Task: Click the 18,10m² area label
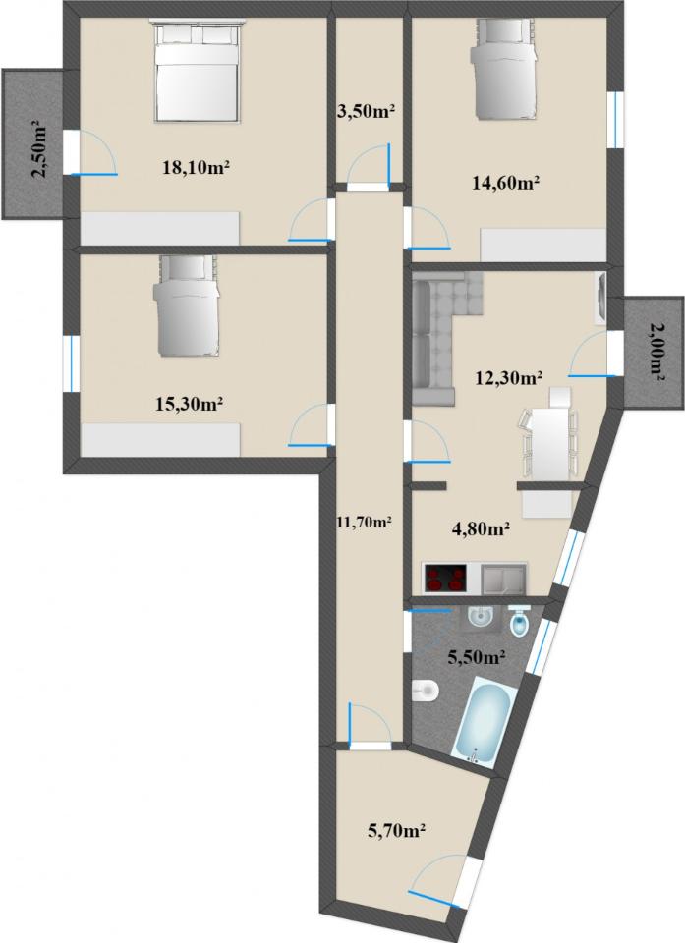pos(197,167)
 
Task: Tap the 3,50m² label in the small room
pos(366,112)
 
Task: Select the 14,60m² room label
pos(505,183)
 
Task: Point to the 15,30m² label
pos(190,404)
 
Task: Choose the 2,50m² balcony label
pos(40,149)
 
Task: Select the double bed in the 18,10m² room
pos(197,72)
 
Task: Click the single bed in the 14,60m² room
pos(502,68)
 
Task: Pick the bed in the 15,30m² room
pos(187,305)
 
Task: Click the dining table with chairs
pos(549,434)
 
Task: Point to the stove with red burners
pos(446,578)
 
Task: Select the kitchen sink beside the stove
pos(504,578)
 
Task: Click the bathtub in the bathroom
pos(482,720)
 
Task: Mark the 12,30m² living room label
pos(509,378)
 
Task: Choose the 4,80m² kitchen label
pos(481,528)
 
